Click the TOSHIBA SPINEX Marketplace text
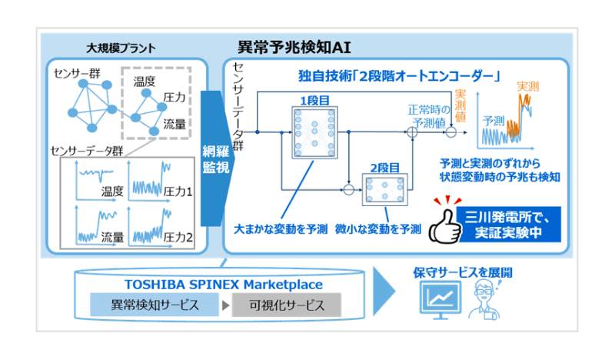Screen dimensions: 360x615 [x=210, y=283]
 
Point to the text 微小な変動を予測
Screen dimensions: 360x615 [x=378, y=228]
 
